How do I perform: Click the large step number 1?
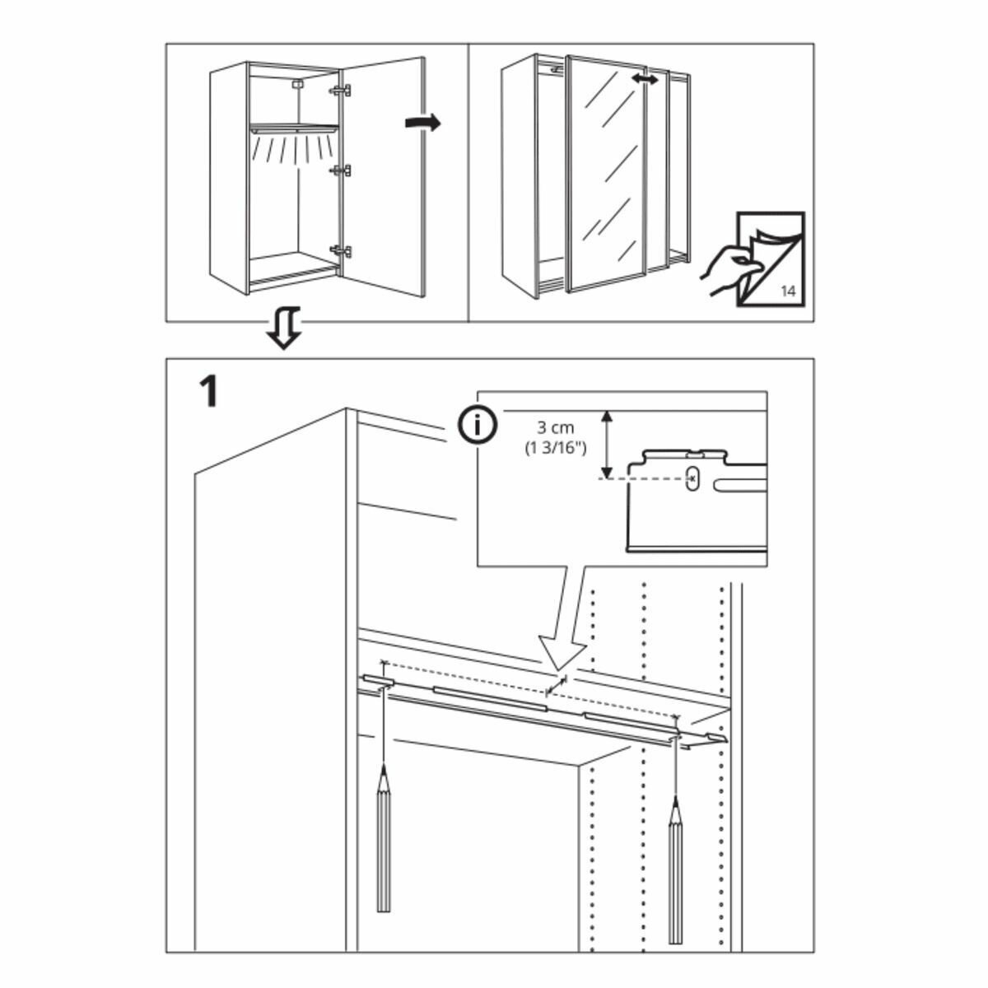[x=209, y=392]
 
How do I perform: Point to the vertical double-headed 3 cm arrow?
[x=607, y=444]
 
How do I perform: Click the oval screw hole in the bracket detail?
[x=692, y=477]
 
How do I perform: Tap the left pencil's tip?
[x=383, y=770]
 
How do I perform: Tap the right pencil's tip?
[x=675, y=801]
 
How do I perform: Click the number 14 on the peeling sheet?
[x=787, y=291]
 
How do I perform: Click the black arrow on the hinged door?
[x=423, y=123]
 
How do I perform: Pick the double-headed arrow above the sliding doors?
[x=645, y=79]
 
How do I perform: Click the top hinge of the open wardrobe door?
[x=341, y=90]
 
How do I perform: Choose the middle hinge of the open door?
[x=341, y=170]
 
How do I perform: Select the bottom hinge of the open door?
[x=341, y=250]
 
